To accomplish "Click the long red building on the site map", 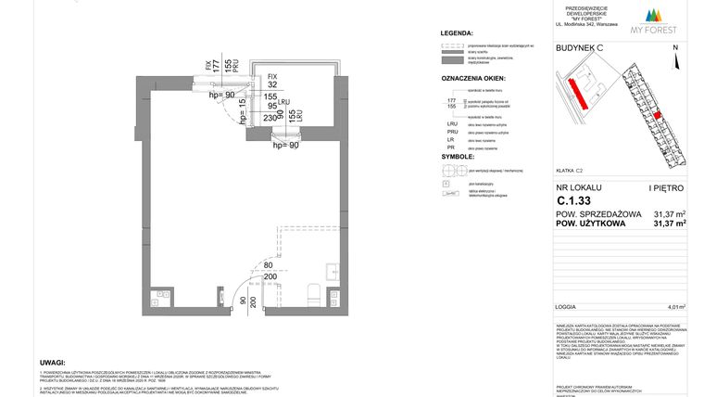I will pos(578,91).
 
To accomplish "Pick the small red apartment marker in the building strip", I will pos(658,116).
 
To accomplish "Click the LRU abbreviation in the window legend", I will pos(451,122).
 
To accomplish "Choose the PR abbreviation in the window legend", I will pos(451,147).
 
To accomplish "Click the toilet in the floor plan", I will pos(312,297).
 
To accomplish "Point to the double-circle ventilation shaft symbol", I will pos(450,170).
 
